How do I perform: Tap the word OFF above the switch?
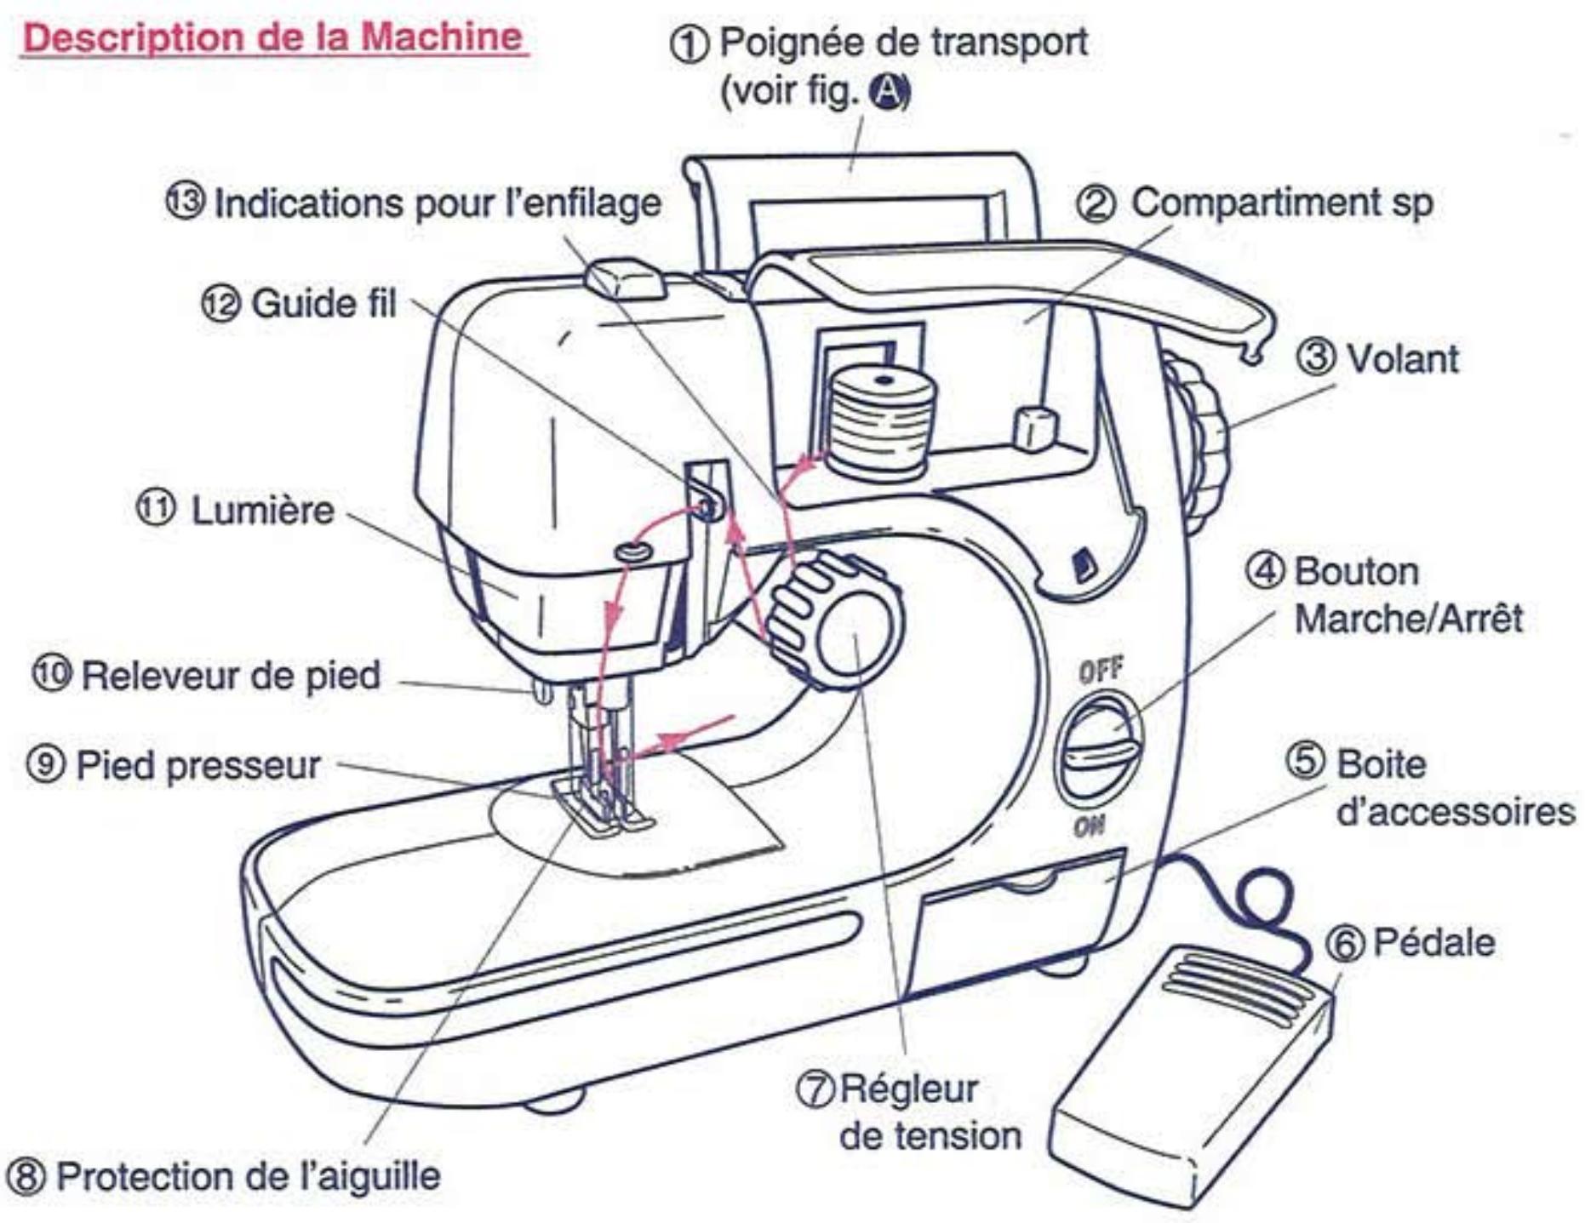coord(1101,671)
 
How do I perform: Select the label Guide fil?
coord(323,303)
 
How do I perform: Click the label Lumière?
coord(261,511)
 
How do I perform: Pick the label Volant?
coord(1401,358)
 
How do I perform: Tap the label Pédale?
coord(1433,942)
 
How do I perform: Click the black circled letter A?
coord(886,92)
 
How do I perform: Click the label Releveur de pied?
coord(230,675)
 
